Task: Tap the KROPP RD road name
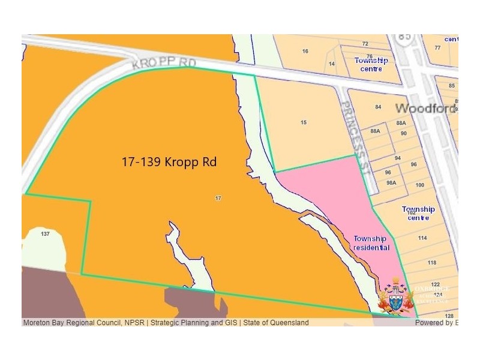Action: [x=163, y=61]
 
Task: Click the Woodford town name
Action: [x=427, y=109]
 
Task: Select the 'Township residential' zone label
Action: [x=371, y=243]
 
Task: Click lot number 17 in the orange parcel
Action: [x=218, y=198]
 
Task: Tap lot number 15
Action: [x=304, y=122]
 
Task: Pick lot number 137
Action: [x=44, y=233]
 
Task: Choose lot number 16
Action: [x=305, y=52]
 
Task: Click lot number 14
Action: [x=332, y=64]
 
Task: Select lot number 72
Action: [x=365, y=44]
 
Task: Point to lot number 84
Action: [x=378, y=107]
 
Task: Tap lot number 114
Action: [x=422, y=238]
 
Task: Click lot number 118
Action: [x=432, y=263]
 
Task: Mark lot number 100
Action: [x=419, y=185]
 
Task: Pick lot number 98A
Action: [x=391, y=183]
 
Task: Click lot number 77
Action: [x=437, y=47]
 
